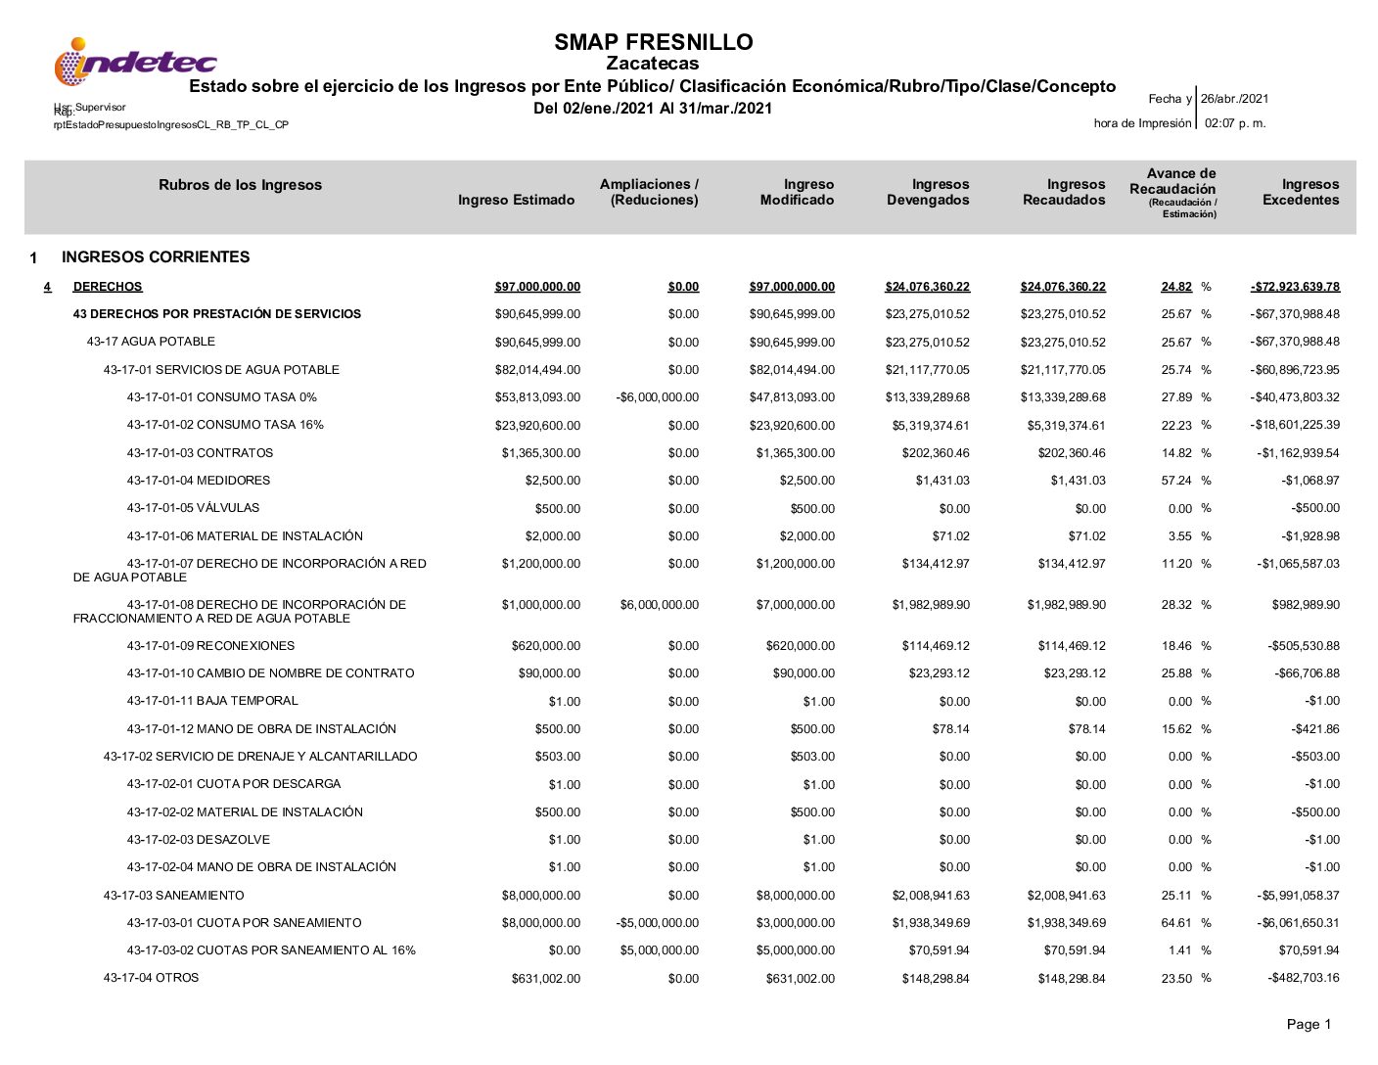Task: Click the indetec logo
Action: [x=135, y=63]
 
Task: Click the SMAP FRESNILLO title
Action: [x=653, y=42]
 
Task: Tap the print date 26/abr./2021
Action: [x=1234, y=99]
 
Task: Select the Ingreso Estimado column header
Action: [x=516, y=200]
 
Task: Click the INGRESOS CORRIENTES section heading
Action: [x=156, y=257]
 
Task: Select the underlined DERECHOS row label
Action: [x=108, y=287]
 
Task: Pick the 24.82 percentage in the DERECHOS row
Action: [x=1176, y=287]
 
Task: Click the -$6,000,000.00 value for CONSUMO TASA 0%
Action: [x=658, y=397]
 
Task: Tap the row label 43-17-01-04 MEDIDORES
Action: [x=198, y=481]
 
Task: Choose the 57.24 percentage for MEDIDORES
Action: [x=1176, y=481]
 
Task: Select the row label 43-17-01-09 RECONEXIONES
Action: [x=210, y=646]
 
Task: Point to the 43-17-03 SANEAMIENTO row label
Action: [x=174, y=896]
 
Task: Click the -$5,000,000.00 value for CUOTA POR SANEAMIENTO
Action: [x=658, y=923]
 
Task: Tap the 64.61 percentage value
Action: [x=1176, y=923]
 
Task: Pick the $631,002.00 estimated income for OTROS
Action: [x=545, y=979]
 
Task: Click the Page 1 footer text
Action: [x=1309, y=1025]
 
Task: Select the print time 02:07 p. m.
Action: [x=1235, y=123]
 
